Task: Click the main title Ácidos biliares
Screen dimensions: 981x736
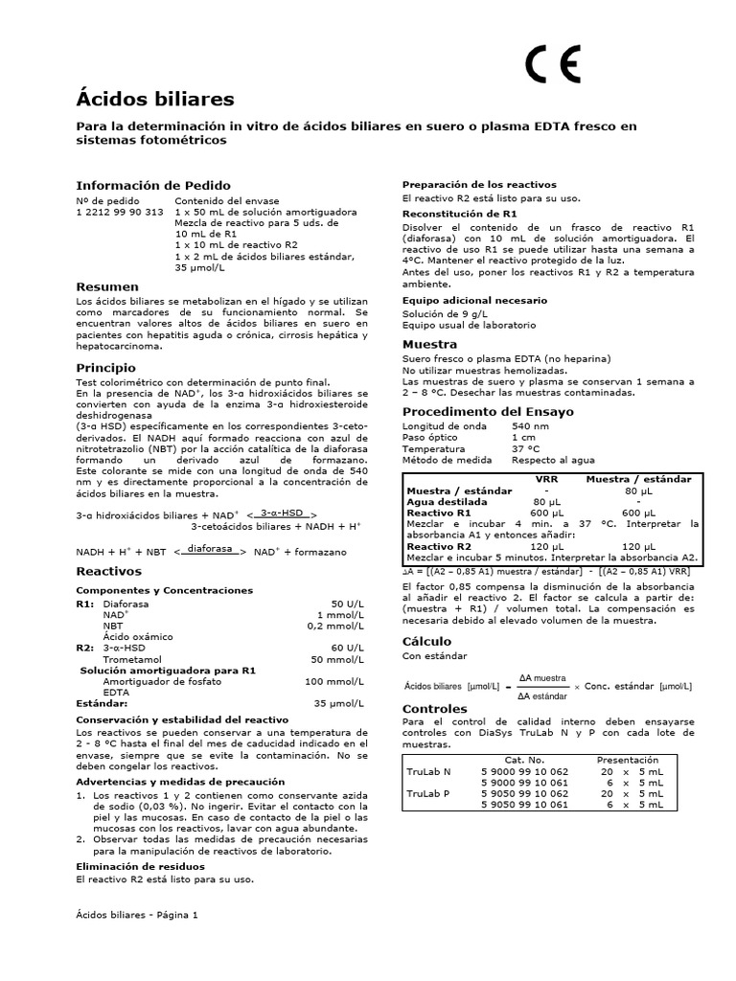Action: click(154, 99)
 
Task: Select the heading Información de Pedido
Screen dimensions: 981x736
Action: click(153, 185)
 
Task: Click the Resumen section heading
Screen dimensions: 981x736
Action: click(107, 286)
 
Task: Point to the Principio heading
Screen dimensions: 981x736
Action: click(107, 367)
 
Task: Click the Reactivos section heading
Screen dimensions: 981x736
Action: click(109, 571)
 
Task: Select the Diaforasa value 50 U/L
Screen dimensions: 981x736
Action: click(346, 605)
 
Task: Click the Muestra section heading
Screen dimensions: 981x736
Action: click(429, 344)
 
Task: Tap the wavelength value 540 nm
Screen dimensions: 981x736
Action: click(531, 425)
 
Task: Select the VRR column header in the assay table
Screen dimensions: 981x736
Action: click(546, 478)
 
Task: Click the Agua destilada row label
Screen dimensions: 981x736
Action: click(447, 501)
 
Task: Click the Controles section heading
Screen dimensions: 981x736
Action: click(435, 709)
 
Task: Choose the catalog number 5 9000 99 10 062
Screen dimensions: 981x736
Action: click(524, 771)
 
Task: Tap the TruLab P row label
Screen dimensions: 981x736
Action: click(428, 793)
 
